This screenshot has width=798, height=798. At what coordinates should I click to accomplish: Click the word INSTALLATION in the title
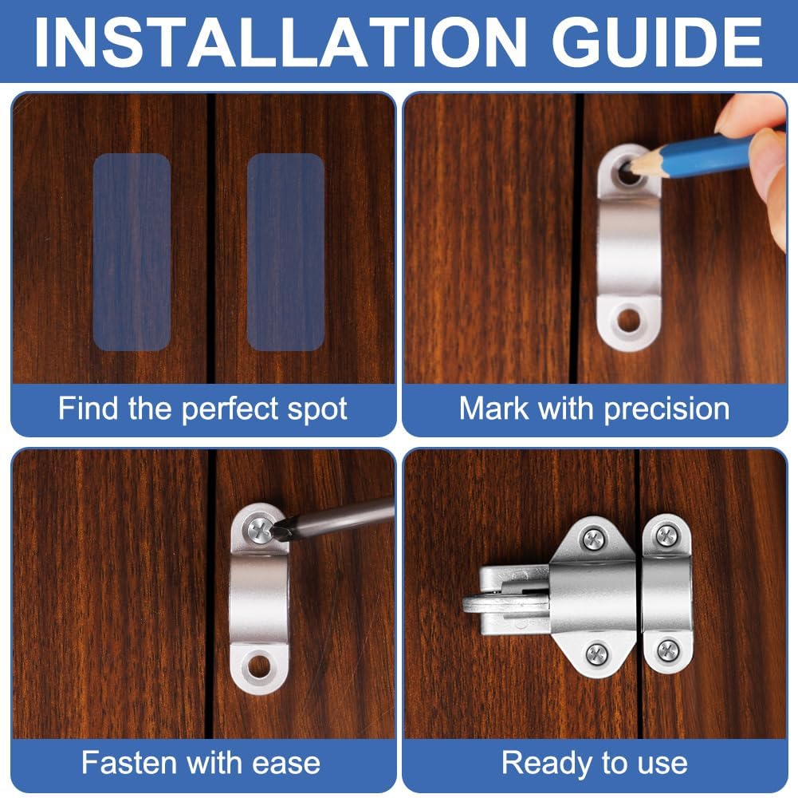280,41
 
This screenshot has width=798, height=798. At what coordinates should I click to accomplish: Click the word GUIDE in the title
657,41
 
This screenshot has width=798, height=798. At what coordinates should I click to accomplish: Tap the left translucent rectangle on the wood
132,251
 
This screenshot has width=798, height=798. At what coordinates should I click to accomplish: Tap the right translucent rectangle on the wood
285,251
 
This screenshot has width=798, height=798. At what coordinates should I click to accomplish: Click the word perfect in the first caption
231,409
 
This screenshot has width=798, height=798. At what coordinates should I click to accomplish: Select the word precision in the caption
666,409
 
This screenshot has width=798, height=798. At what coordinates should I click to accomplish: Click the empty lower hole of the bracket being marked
629,321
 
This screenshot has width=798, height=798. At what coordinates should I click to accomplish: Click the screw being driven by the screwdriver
261,529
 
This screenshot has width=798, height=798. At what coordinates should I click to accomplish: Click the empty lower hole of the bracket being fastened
259,666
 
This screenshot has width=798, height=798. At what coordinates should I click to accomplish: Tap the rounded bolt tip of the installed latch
472,604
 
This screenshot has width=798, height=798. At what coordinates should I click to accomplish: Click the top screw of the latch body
594,539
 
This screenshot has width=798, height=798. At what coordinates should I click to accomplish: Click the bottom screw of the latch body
596,654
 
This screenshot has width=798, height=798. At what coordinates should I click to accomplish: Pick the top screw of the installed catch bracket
666,535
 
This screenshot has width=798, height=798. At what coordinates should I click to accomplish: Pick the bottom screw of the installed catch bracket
668,650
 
